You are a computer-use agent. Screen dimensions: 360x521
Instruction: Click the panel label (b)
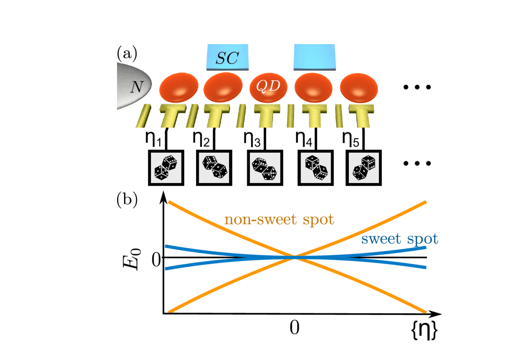127,200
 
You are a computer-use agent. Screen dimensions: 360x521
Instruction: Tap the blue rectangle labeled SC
228,57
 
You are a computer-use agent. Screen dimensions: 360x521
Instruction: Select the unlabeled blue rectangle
314,57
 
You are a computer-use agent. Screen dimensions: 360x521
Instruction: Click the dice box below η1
165,168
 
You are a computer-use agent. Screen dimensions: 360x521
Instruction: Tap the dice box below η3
264,168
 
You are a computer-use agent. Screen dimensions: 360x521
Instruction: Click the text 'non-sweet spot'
279,219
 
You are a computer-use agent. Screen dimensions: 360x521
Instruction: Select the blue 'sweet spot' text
399,239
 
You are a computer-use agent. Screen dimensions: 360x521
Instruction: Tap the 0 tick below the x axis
294,327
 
